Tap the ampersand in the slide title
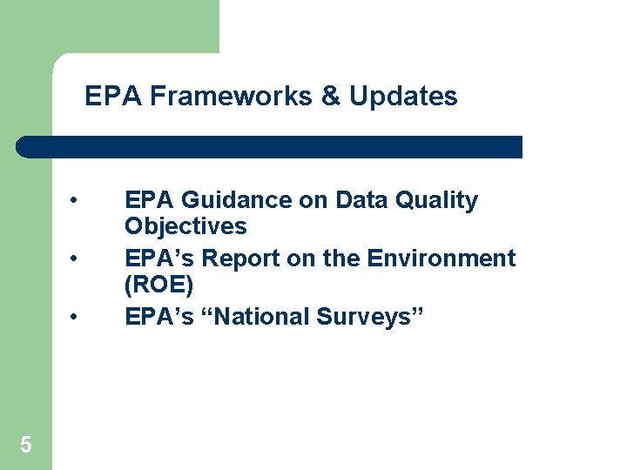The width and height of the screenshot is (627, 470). [x=331, y=96]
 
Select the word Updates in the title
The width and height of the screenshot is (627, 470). [x=403, y=96]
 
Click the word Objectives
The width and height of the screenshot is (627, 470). [x=185, y=227]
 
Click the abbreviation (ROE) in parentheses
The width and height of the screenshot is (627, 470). [x=158, y=285]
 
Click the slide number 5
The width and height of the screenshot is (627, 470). [x=26, y=446]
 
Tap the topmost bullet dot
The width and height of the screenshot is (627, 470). [x=78, y=200]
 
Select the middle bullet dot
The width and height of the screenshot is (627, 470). [x=78, y=258]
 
